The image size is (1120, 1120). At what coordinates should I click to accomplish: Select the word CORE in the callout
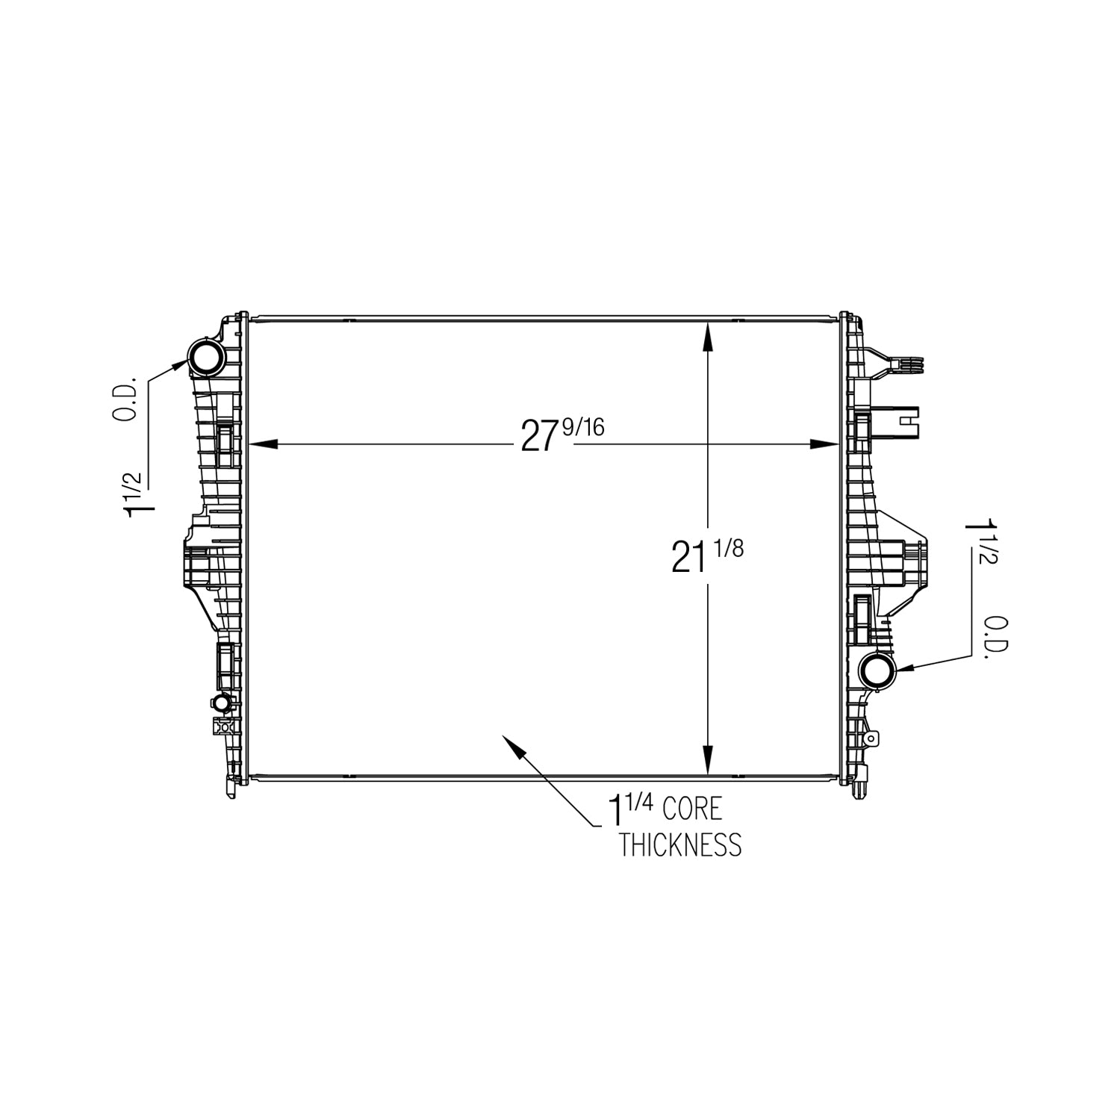tap(692, 809)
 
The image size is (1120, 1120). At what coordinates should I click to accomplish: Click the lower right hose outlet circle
tap(877, 670)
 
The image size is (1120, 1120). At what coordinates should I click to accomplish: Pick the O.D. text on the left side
tap(128, 398)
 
